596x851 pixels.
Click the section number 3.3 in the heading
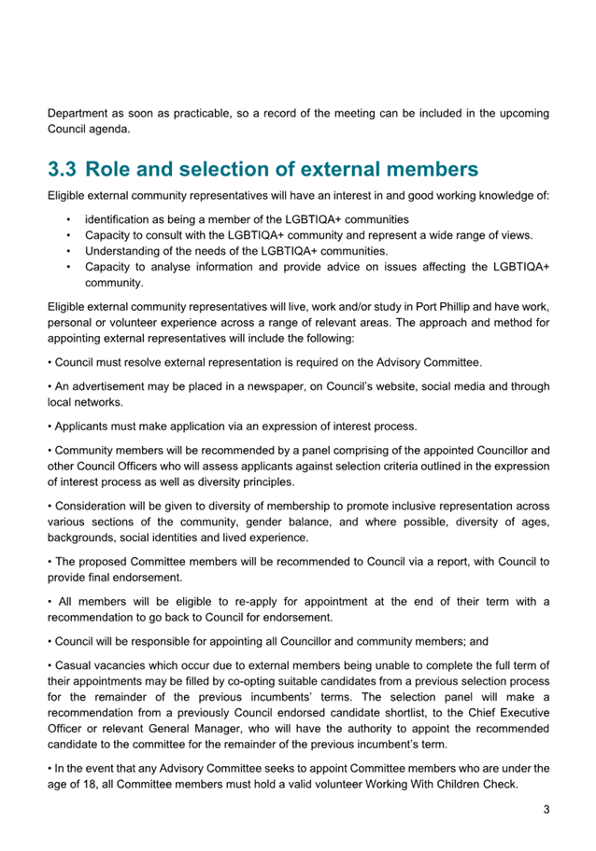(x=64, y=170)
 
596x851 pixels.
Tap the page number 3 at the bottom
(x=546, y=810)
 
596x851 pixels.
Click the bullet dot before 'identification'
(x=69, y=218)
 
